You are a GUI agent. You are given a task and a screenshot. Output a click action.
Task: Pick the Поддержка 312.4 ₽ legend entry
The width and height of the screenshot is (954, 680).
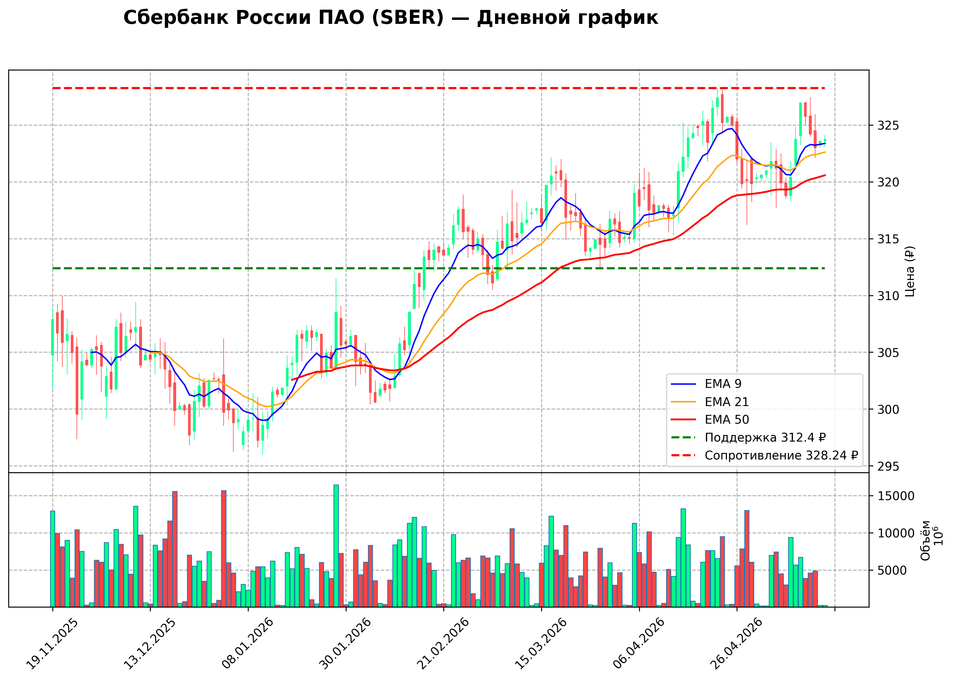point(748,438)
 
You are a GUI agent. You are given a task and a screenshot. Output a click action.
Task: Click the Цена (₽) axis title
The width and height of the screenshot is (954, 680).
point(910,271)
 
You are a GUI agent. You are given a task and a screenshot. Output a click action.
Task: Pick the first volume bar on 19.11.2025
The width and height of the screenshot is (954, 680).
point(52,559)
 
